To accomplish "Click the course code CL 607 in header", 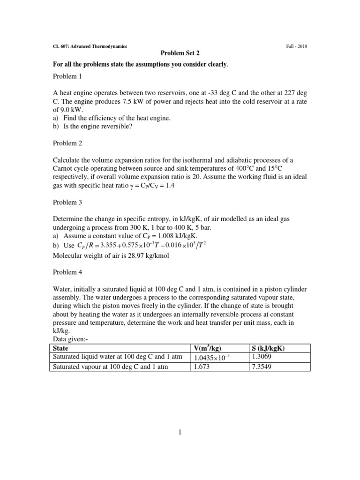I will (x=60, y=46).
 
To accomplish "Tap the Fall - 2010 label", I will (x=297, y=46).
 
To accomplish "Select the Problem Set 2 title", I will (x=180, y=53).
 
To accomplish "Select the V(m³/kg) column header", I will (x=209, y=348).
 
